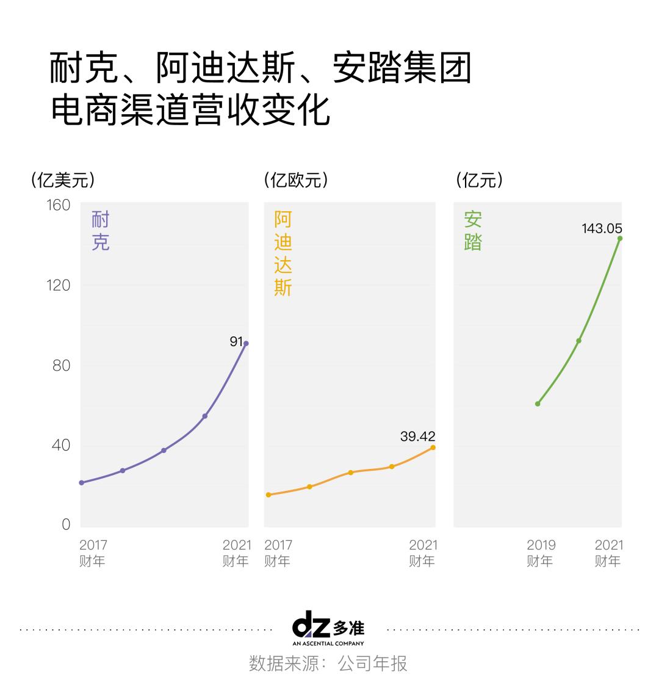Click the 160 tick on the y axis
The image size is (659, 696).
(x=59, y=205)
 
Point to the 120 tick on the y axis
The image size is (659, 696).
(x=59, y=285)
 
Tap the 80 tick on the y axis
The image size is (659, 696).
(x=61, y=365)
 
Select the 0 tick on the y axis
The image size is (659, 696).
(x=66, y=525)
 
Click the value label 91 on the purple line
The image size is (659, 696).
(x=236, y=341)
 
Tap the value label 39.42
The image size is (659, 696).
(x=417, y=436)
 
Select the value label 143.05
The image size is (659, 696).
(x=602, y=228)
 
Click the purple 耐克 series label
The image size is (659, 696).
(x=100, y=231)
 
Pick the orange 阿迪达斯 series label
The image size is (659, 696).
(x=283, y=253)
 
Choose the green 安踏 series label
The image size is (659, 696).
(x=472, y=231)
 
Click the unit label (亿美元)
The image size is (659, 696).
(x=63, y=180)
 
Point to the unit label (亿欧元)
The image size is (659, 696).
(x=296, y=180)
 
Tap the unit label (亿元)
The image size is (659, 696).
(x=480, y=180)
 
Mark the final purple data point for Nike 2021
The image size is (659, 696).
(x=246, y=343)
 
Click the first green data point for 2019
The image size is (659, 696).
(x=538, y=404)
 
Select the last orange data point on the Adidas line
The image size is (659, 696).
(x=433, y=448)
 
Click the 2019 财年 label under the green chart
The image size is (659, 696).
(x=541, y=553)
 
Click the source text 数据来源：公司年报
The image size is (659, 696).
(x=328, y=664)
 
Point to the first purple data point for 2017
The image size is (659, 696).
(x=81, y=483)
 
